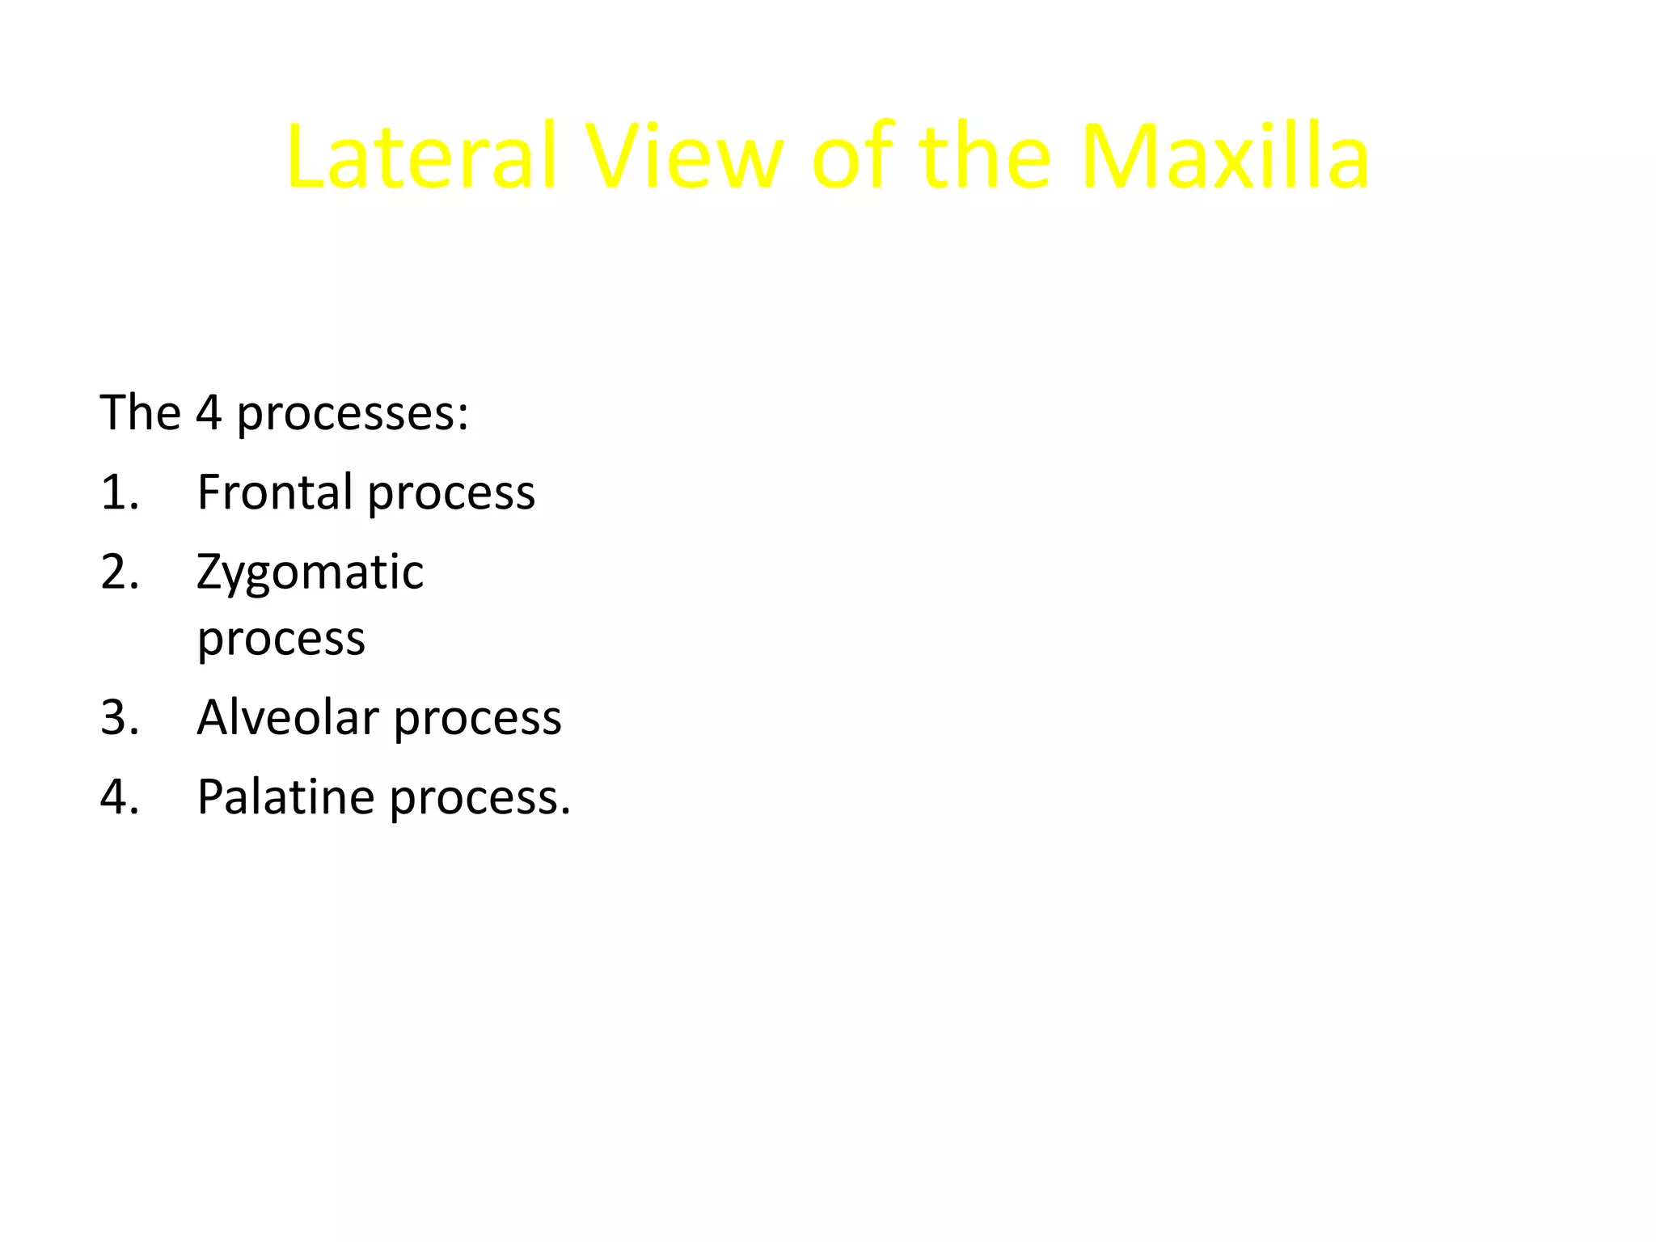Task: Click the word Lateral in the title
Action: coord(421,157)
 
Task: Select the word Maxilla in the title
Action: coord(1224,157)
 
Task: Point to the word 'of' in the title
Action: coord(853,157)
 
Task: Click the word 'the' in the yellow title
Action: coord(985,157)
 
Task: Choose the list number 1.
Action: coord(119,492)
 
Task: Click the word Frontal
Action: coord(274,492)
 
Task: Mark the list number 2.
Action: coord(119,572)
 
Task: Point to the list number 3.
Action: coord(119,717)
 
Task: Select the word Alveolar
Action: coord(288,717)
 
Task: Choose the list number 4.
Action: coord(119,796)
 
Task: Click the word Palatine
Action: coord(285,796)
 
